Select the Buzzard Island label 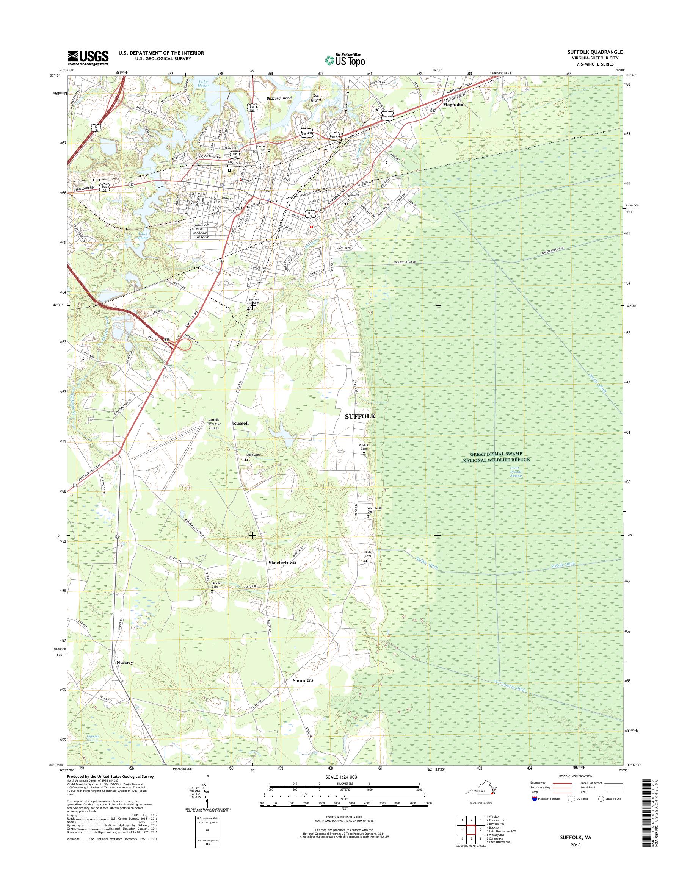coord(279,98)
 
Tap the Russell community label coord(241,423)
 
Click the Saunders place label coord(303,680)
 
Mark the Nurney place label coord(124,663)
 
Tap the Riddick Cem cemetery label coord(364,447)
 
